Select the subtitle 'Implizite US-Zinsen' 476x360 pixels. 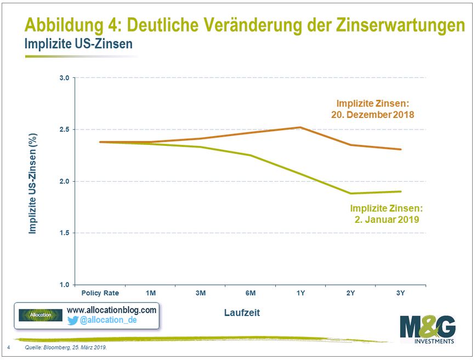click(x=78, y=44)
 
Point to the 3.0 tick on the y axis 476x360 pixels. click(x=64, y=78)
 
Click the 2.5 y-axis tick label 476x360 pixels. click(x=64, y=130)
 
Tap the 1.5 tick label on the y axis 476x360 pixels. click(x=64, y=233)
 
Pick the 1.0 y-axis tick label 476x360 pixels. click(x=64, y=285)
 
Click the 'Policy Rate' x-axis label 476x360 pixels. click(x=100, y=293)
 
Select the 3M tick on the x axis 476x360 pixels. click(x=200, y=293)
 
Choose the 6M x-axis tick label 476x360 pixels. click(x=250, y=293)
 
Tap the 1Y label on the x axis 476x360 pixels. click(x=300, y=293)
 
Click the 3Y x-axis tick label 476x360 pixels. click(x=400, y=293)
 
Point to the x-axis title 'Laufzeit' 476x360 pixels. click(x=241, y=313)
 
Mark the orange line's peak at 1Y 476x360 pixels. click(x=300, y=127)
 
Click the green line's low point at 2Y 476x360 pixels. click(x=350, y=193)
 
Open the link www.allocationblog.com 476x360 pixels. click(x=111, y=310)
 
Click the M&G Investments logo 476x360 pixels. click(x=428, y=330)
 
